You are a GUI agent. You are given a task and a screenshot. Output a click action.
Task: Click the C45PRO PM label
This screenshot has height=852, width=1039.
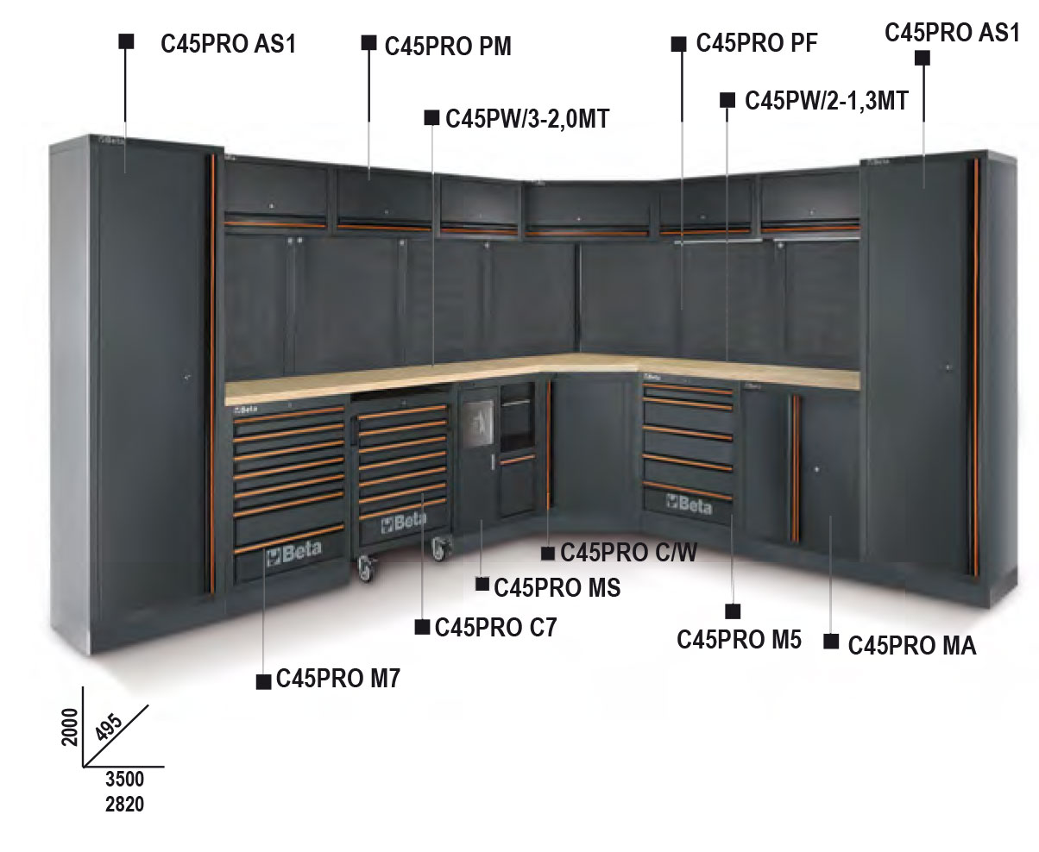(448, 47)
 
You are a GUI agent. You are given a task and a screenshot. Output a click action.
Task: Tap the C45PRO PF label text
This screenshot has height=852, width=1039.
(757, 43)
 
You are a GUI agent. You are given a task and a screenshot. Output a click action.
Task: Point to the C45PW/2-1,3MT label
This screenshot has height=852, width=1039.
(826, 101)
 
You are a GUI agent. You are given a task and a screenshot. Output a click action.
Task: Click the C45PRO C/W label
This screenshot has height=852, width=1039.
(628, 551)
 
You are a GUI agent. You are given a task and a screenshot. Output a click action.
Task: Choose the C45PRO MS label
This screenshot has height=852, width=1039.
(557, 587)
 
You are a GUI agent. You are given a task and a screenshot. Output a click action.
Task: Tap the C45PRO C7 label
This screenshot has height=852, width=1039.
(496, 627)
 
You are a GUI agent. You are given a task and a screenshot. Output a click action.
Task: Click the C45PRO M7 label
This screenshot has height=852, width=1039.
(338, 680)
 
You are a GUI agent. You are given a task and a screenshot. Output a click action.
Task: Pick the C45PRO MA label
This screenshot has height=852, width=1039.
(912, 645)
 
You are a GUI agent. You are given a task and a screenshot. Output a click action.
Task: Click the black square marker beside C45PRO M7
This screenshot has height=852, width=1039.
(264, 681)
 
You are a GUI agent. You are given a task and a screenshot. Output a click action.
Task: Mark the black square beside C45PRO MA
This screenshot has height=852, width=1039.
(832, 642)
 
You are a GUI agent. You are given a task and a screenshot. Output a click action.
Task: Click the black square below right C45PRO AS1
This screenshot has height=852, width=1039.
(922, 59)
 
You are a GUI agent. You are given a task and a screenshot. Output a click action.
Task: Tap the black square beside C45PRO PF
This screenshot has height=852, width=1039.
(679, 43)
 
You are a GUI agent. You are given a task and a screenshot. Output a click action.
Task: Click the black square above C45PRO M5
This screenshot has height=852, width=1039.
(733, 612)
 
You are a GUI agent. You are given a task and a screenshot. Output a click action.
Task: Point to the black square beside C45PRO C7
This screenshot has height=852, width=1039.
(422, 627)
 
